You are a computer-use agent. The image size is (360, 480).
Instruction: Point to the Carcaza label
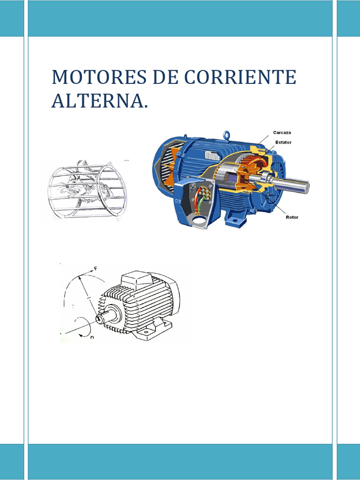click(x=283, y=133)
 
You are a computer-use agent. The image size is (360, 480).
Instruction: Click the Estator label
click(x=283, y=142)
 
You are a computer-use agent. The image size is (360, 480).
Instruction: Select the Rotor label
click(x=292, y=217)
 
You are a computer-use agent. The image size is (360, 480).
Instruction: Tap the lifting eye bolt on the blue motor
click(x=227, y=135)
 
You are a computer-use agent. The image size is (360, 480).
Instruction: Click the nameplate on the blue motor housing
click(x=213, y=156)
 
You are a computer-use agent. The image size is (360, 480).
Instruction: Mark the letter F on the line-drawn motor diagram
click(x=96, y=269)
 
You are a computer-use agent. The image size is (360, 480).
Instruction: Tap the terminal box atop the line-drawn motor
click(x=137, y=279)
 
